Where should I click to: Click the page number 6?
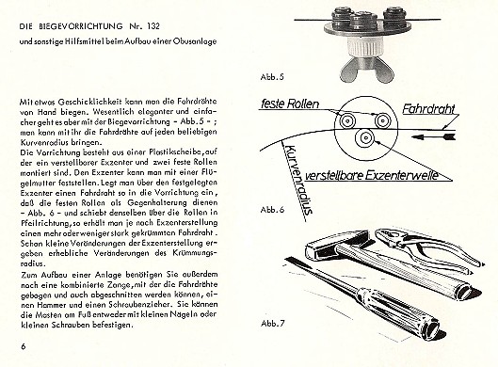coord(24,346)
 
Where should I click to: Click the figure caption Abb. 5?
coord(271,77)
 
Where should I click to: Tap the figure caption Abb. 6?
coord(272,210)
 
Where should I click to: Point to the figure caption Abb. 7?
coord(272,323)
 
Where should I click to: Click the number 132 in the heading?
coord(153,26)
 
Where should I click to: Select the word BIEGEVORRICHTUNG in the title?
coord(81,26)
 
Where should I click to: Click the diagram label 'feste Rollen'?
coord(290,104)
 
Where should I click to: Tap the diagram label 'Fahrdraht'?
coord(428,109)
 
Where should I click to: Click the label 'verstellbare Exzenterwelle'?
coord(372,175)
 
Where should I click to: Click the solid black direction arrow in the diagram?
coord(435,137)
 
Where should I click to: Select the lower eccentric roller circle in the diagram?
coord(366,137)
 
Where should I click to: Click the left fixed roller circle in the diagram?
coord(347,120)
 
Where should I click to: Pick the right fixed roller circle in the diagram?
coord(382,120)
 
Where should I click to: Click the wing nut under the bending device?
coord(365,70)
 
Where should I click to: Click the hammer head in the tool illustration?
coord(333,244)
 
